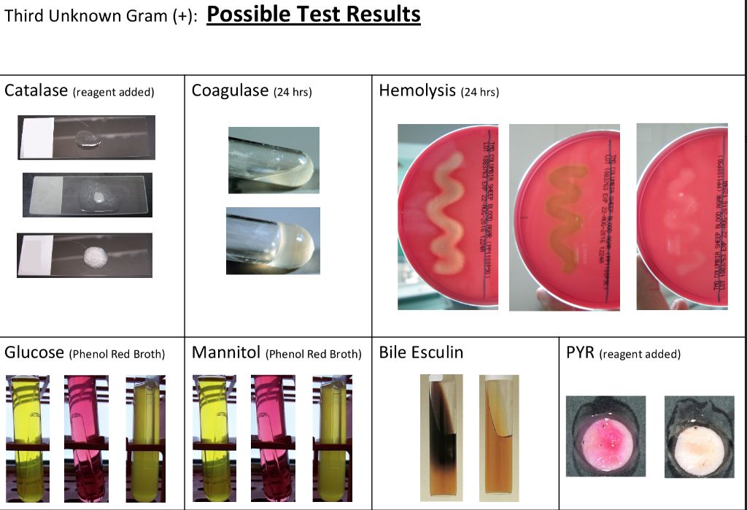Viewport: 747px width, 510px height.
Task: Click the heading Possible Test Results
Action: (314, 15)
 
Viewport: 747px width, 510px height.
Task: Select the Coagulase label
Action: (229, 90)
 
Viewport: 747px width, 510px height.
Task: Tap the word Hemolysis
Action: (417, 90)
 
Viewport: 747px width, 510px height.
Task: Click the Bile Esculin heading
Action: (421, 353)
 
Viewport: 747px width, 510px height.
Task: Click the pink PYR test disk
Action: (606, 437)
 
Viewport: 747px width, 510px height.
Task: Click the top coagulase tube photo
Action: (273, 160)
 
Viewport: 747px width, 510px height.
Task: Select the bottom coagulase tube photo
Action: (273, 240)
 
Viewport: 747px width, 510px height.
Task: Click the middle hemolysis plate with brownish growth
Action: (564, 217)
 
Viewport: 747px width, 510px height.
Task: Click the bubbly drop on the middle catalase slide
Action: (97, 194)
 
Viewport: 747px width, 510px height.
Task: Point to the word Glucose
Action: (34, 353)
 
